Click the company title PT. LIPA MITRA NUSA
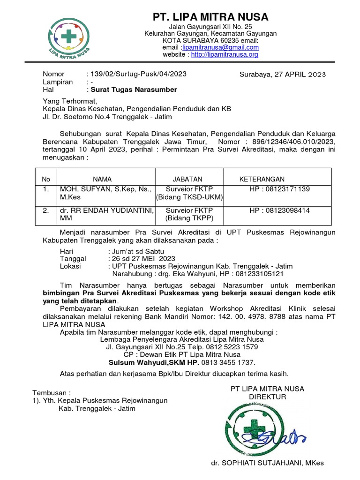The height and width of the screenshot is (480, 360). (210, 17)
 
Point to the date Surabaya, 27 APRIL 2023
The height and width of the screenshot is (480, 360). (283, 75)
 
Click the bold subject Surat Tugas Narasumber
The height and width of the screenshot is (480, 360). (134, 89)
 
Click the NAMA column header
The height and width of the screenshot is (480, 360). (102, 179)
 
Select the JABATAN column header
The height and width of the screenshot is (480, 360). (187, 179)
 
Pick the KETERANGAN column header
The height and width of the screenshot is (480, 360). (262, 179)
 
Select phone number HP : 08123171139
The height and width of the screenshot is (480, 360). (280, 189)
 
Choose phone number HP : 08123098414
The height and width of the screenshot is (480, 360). (280, 211)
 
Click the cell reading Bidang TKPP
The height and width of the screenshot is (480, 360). (189, 218)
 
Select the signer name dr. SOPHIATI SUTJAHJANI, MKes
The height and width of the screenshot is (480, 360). (267, 463)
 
